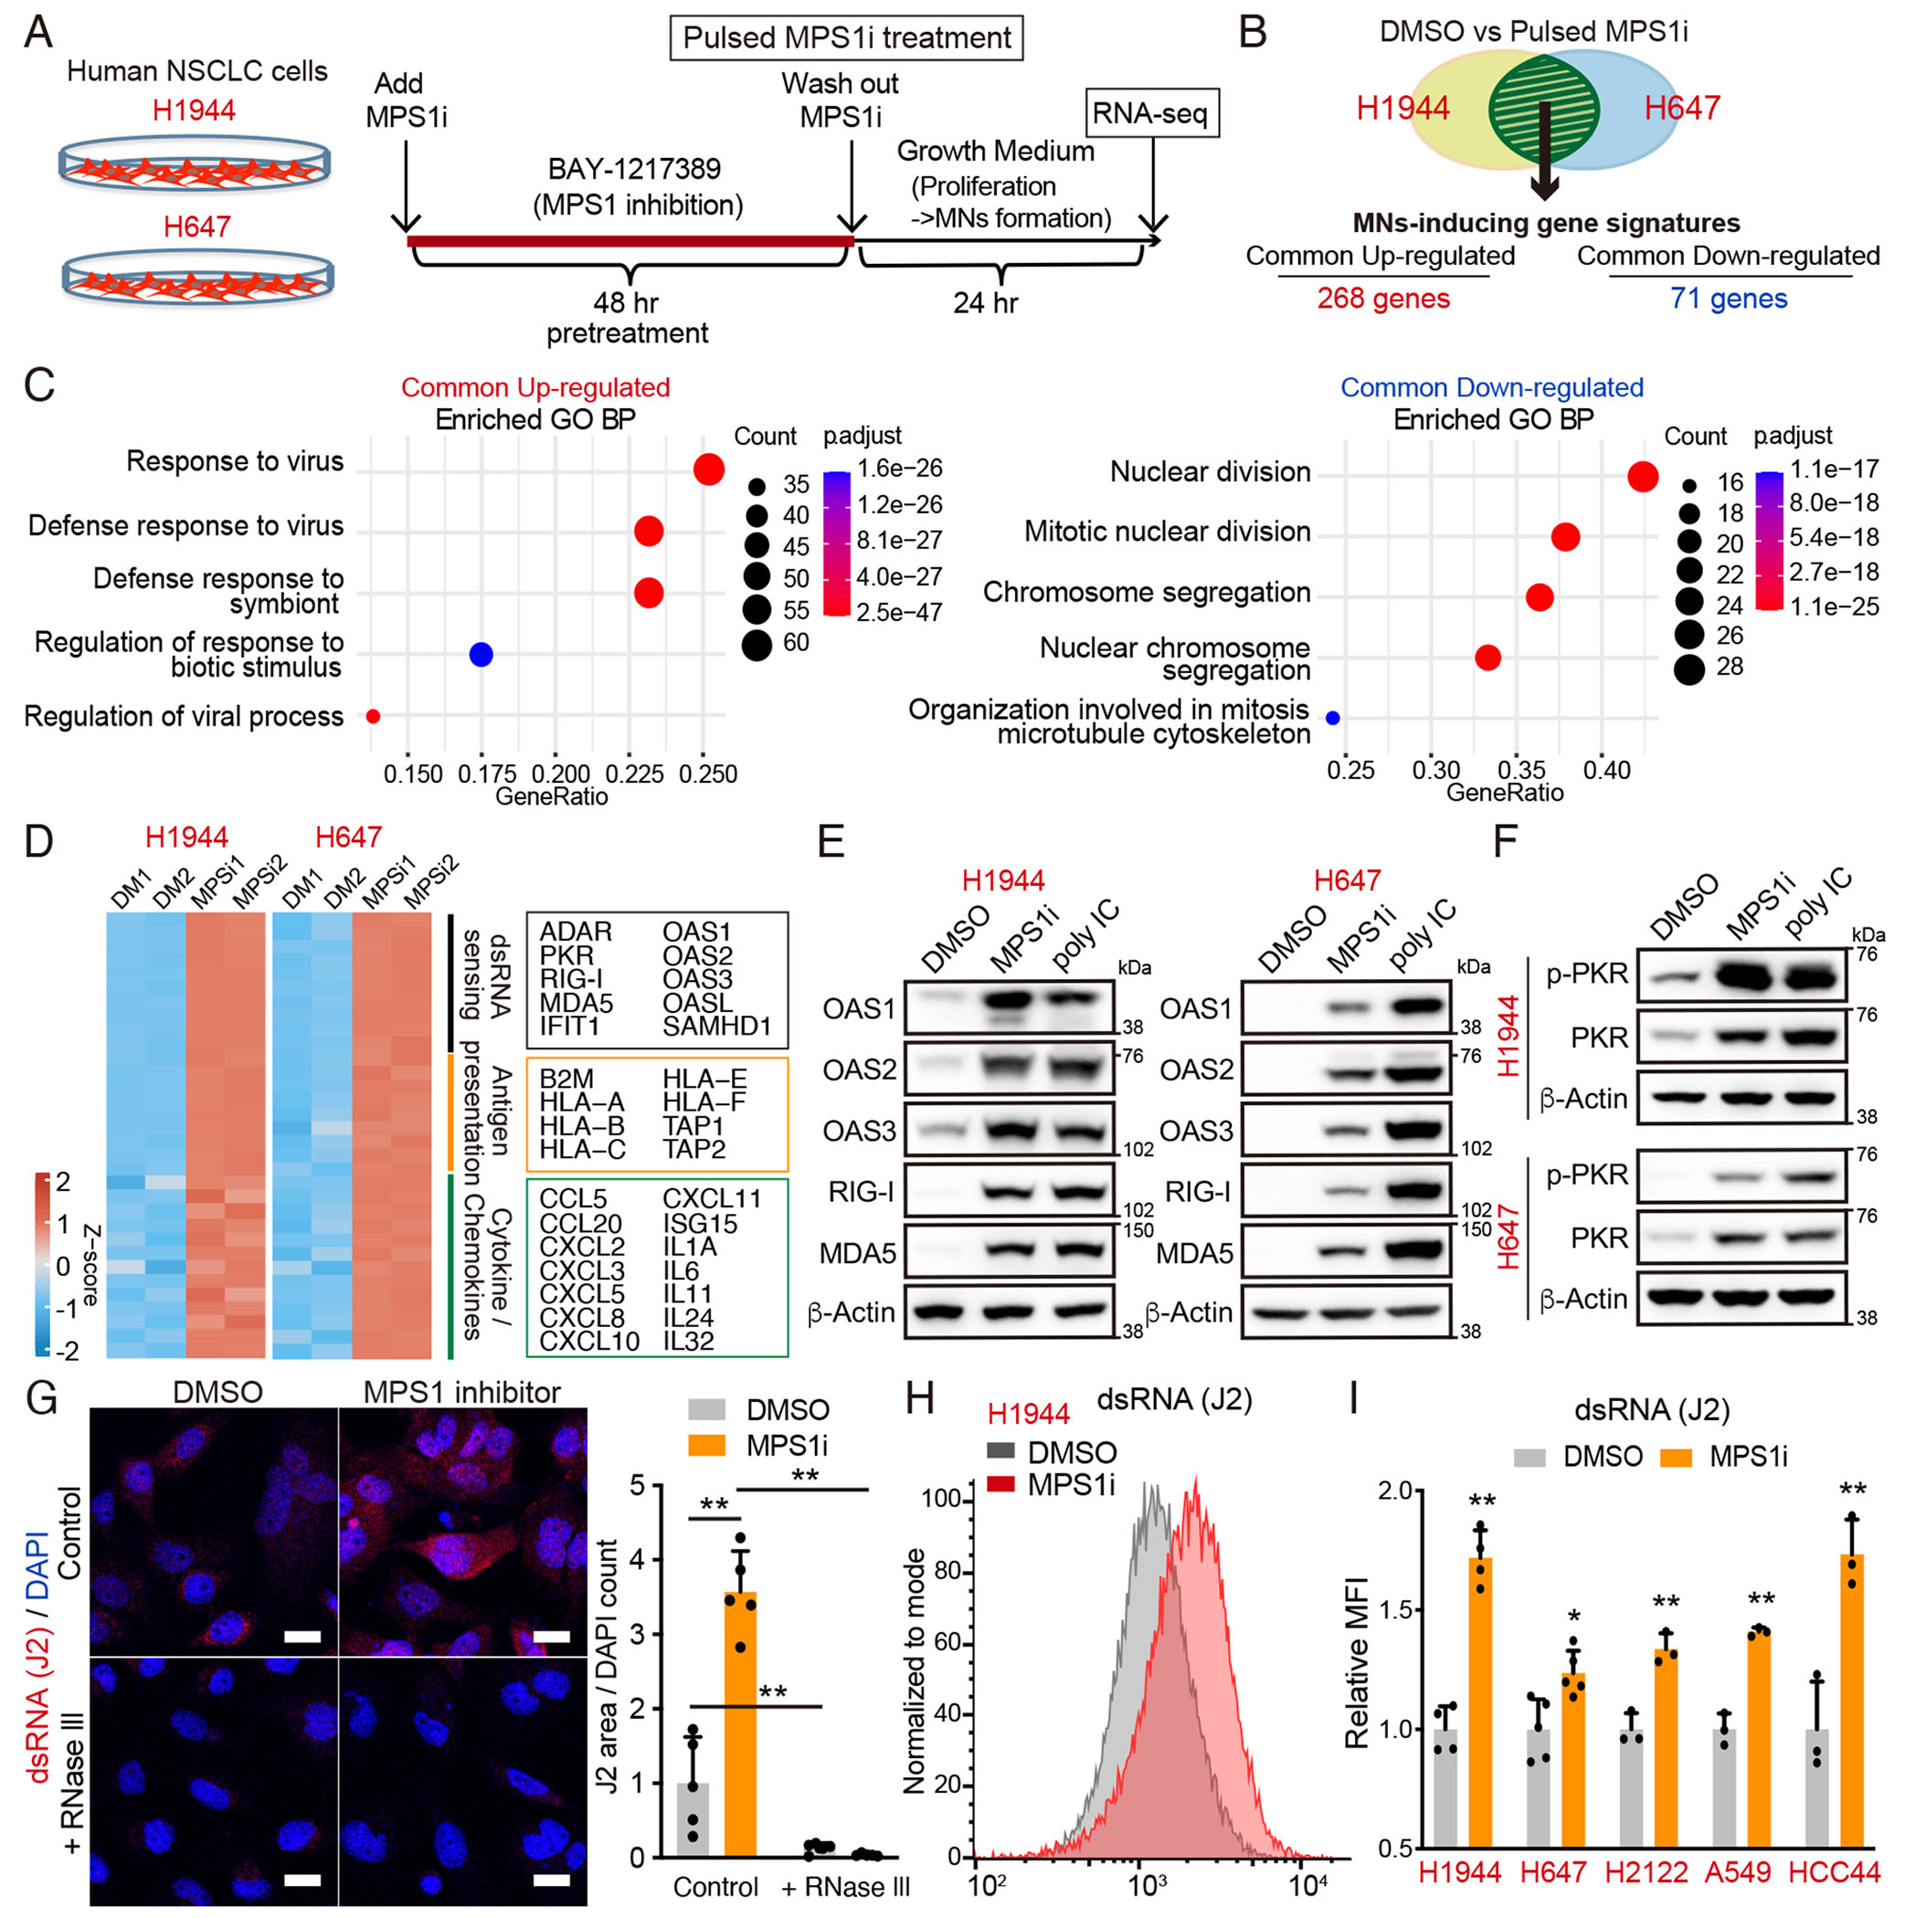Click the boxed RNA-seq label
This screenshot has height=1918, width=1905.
(1149, 113)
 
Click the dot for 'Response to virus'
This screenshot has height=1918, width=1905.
(708, 469)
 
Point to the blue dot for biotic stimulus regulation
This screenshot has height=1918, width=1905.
(481, 654)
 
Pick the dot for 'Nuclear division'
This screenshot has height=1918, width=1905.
(1643, 477)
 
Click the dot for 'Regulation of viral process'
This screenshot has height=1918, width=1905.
(374, 716)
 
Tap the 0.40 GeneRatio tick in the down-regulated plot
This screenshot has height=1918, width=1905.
(1606, 769)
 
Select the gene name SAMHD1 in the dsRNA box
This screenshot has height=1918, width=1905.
(716, 1026)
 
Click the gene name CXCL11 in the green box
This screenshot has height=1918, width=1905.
(711, 1198)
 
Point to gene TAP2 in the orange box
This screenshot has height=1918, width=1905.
(693, 1149)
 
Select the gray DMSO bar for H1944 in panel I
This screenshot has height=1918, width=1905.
(1445, 1787)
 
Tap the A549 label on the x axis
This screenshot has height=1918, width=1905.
(1737, 1871)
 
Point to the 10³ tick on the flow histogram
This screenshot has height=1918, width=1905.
(1148, 1883)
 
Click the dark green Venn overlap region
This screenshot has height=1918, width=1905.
(1542, 110)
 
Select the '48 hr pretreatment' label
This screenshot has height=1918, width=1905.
(626, 317)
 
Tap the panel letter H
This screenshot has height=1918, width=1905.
(919, 1399)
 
